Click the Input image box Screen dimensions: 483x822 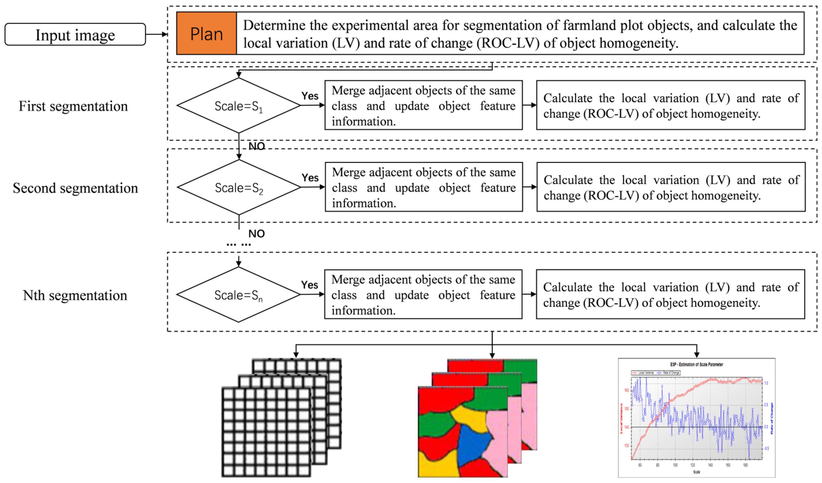tap(75, 34)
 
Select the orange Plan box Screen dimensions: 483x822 tap(206, 33)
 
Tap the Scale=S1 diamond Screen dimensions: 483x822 tap(239, 106)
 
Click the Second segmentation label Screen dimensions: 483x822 tap(75, 188)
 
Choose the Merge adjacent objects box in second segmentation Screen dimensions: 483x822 tap(424, 187)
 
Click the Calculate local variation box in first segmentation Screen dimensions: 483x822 tap(671, 105)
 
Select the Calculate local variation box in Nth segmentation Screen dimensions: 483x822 tap(670, 294)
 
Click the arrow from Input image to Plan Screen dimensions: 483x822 tap(157, 34)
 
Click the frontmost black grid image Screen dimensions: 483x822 tap(266, 432)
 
